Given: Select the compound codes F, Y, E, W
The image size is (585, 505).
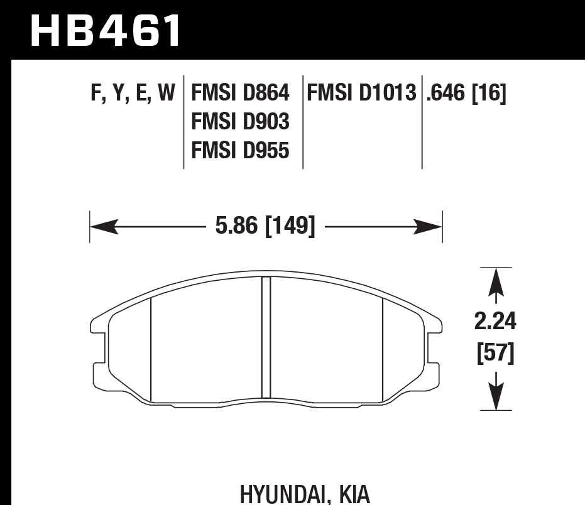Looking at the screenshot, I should tap(133, 94).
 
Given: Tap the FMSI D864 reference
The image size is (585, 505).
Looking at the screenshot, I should tap(240, 94).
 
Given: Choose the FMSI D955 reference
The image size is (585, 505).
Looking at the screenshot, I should tap(240, 151).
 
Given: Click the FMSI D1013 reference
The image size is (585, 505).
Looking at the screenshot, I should tap(362, 94).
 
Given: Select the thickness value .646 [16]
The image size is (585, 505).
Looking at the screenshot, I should tap(466, 94).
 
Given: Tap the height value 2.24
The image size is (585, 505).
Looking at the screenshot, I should tap(496, 322).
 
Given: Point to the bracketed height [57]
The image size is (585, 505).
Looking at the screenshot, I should tap(496, 354).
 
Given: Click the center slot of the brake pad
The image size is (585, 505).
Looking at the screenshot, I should tap(266, 337).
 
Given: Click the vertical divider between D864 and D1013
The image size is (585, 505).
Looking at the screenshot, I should tap(303, 122).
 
